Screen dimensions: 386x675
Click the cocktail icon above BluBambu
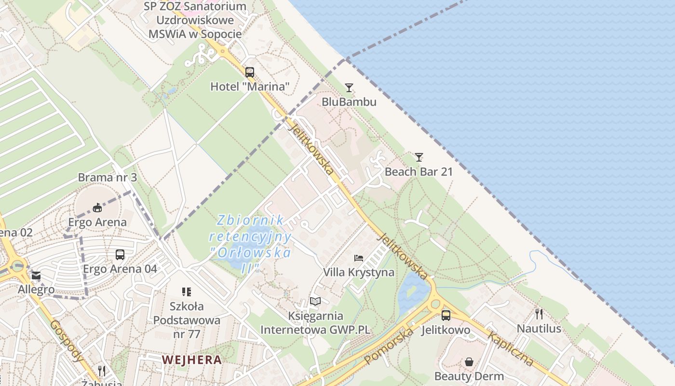[x=349, y=88]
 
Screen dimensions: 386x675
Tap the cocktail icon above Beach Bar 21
[x=419, y=157]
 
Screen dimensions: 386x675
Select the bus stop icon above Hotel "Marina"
[x=250, y=72]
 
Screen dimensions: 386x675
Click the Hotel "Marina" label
[x=250, y=87]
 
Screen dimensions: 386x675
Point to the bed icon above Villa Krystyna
[x=359, y=258]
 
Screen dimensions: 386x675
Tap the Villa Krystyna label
[x=359, y=272]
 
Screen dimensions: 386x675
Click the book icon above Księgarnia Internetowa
[x=315, y=302]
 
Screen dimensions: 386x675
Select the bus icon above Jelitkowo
[x=446, y=316]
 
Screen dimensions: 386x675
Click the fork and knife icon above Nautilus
[x=539, y=314]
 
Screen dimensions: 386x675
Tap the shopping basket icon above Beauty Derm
[x=469, y=362]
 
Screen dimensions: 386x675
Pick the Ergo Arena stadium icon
[x=97, y=208]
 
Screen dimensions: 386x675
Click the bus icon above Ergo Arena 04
[x=120, y=254]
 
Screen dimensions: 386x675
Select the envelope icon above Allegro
[x=36, y=276]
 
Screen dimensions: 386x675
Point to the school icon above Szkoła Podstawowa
[x=187, y=292]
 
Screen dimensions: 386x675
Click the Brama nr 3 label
[x=108, y=178]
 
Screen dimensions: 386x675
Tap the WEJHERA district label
[x=192, y=359]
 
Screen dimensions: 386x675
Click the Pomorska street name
[x=389, y=346]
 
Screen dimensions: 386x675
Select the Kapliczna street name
[x=511, y=348]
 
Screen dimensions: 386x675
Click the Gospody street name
[x=67, y=340]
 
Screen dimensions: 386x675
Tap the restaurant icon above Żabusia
[x=102, y=371]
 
